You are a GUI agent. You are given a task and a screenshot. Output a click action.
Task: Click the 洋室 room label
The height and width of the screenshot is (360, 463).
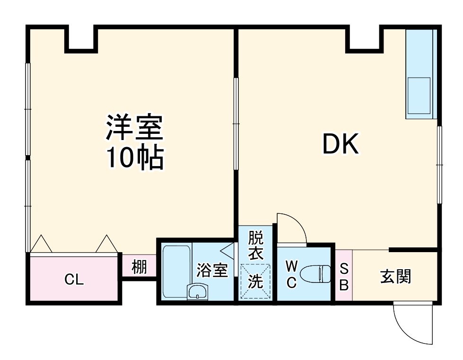click(134, 128)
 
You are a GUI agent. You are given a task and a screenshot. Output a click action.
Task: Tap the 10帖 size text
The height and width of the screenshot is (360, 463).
click(134, 158)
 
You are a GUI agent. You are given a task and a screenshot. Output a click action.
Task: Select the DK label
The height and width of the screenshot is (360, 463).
click(341, 144)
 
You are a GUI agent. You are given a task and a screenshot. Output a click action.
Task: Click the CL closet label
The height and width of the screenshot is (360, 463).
click(74, 280)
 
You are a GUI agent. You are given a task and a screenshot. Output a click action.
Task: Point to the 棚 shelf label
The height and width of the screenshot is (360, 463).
click(139, 268)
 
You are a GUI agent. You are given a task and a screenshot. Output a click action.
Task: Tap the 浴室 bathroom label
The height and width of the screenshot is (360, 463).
click(212, 271)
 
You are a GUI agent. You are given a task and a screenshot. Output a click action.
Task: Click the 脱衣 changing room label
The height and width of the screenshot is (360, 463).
click(255, 245)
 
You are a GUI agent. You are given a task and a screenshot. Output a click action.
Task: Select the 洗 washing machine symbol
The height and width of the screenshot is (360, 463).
click(255, 282)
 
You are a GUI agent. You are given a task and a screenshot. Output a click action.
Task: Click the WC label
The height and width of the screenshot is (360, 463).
click(291, 275)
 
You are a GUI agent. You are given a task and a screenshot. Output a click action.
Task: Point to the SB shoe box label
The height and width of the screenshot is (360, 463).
click(344, 277)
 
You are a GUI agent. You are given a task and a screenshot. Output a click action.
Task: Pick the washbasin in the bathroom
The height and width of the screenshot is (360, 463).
click(197, 291)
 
